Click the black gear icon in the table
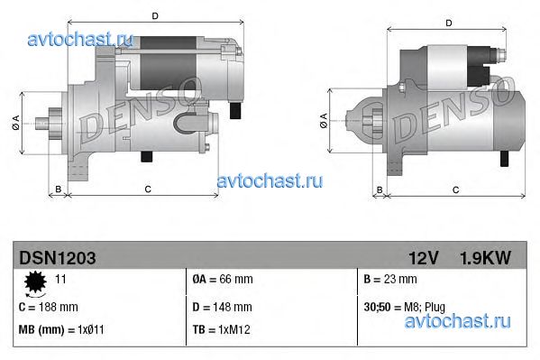tap(36, 283)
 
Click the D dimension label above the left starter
tap(156, 16)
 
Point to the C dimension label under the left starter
tap(146, 189)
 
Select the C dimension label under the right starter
tap(454, 189)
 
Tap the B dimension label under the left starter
tap(58, 189)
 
